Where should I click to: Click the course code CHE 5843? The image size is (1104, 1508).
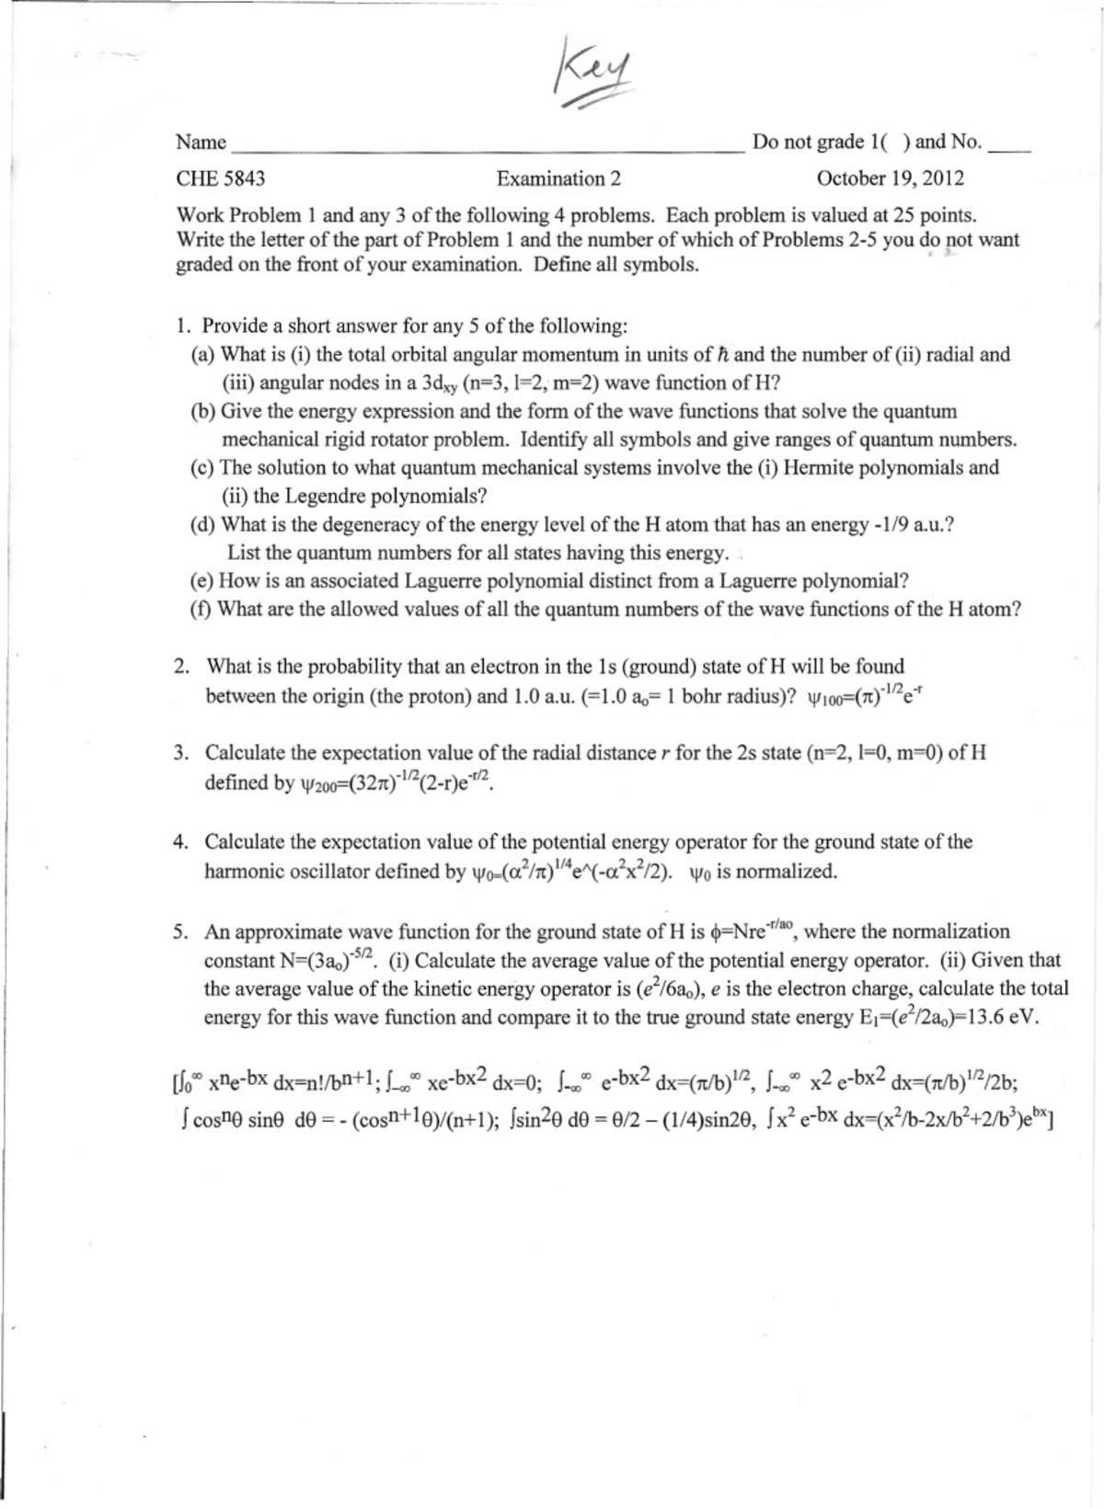pyautogui.click(x=221, y=178)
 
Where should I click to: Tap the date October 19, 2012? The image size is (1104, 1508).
pyautogui.click(x=890, y=178)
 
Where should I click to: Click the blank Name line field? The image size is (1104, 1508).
pyautogui.click(x=488, y=143)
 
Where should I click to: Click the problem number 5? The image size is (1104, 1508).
pyautogui.click(x=181, y=932)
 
